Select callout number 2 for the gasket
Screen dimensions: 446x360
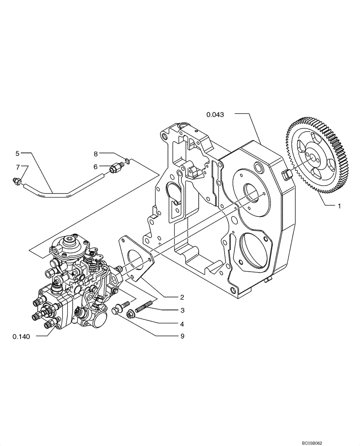[x=182, y=297]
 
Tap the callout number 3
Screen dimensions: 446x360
[x=182, y=310]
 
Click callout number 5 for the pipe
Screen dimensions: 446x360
[x=17, y=153]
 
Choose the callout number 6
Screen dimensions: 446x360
[x=95, y=166]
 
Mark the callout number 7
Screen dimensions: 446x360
[x=17, y=167]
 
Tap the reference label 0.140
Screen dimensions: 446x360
[x=21, y=337]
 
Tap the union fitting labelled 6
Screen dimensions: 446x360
[x=115, y=168]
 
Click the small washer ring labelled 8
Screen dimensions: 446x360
[x=127, y=161]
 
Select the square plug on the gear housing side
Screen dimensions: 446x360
[x=286, y=174]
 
